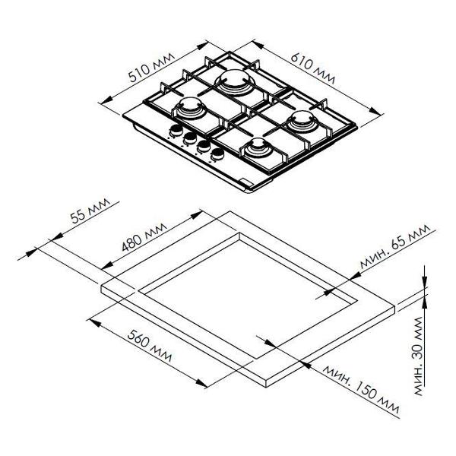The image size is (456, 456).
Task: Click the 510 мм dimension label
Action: (151, 68)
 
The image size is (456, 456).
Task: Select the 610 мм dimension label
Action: (312, 68)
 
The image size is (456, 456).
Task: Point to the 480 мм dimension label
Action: (144, 237)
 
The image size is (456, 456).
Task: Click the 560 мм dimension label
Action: (150, 346)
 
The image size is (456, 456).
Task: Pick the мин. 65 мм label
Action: (394, 246)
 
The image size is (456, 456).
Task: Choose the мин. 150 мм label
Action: (361, 388)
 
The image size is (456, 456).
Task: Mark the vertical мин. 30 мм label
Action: (418, 356)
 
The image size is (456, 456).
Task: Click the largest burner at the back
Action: (233, 81)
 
